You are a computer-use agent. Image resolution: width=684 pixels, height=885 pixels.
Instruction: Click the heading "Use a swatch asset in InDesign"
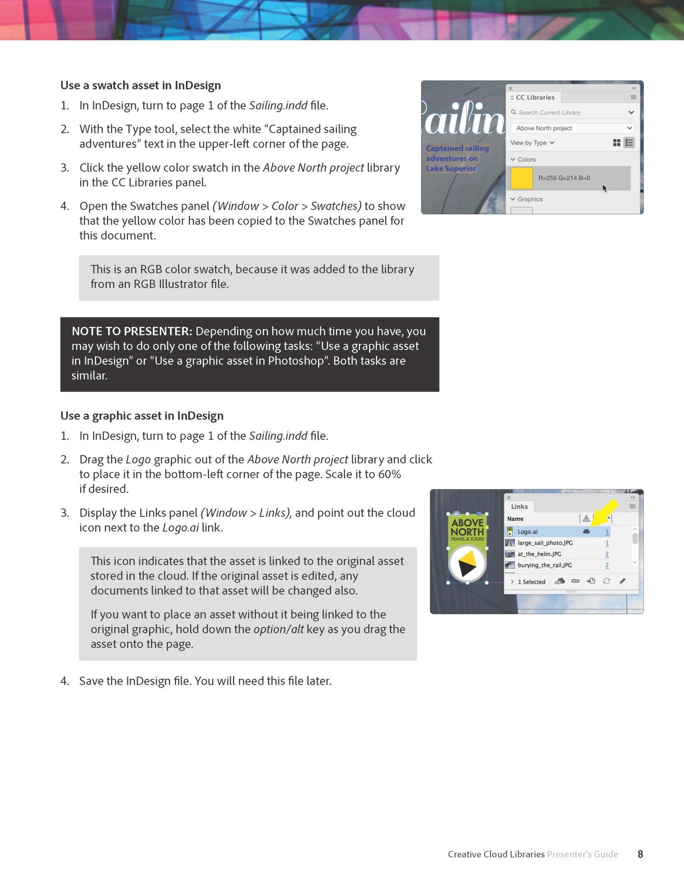coord(140,85)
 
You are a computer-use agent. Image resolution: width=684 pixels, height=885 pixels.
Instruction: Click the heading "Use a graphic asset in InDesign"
coord(142,416)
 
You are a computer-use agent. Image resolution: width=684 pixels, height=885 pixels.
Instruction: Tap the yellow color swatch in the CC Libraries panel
coord(522,178)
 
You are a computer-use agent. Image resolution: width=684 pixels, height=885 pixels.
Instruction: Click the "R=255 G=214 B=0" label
coord(564,178)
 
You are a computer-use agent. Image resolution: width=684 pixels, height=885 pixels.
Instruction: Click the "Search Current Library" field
coord(549,113)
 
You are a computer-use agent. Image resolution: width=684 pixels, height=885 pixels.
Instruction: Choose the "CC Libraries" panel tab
coord(535,97)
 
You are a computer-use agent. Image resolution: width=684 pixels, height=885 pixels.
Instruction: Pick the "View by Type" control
coord(532,143)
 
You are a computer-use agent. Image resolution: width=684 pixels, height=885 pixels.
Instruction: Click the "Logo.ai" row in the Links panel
coord(527,532)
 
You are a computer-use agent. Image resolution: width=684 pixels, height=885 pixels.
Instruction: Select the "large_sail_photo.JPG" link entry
coord(545,543)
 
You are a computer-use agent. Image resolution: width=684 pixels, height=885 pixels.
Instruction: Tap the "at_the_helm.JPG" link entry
coord(539,554)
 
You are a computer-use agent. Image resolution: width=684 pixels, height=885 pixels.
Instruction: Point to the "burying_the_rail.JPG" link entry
coord(545,565)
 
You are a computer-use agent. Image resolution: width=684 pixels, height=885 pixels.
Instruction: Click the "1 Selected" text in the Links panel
coord(531,582)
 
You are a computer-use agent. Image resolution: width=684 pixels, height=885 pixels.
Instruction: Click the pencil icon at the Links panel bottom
coord(622,581)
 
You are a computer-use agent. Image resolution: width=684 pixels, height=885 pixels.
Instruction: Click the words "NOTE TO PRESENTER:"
coord(131,331)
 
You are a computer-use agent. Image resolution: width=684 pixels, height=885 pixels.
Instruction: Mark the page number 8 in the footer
coord(640,854)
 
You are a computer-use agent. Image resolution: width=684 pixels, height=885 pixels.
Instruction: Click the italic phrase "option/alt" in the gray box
coord(278,629)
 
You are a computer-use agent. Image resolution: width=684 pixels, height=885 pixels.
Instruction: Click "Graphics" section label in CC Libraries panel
coord(530,200)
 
